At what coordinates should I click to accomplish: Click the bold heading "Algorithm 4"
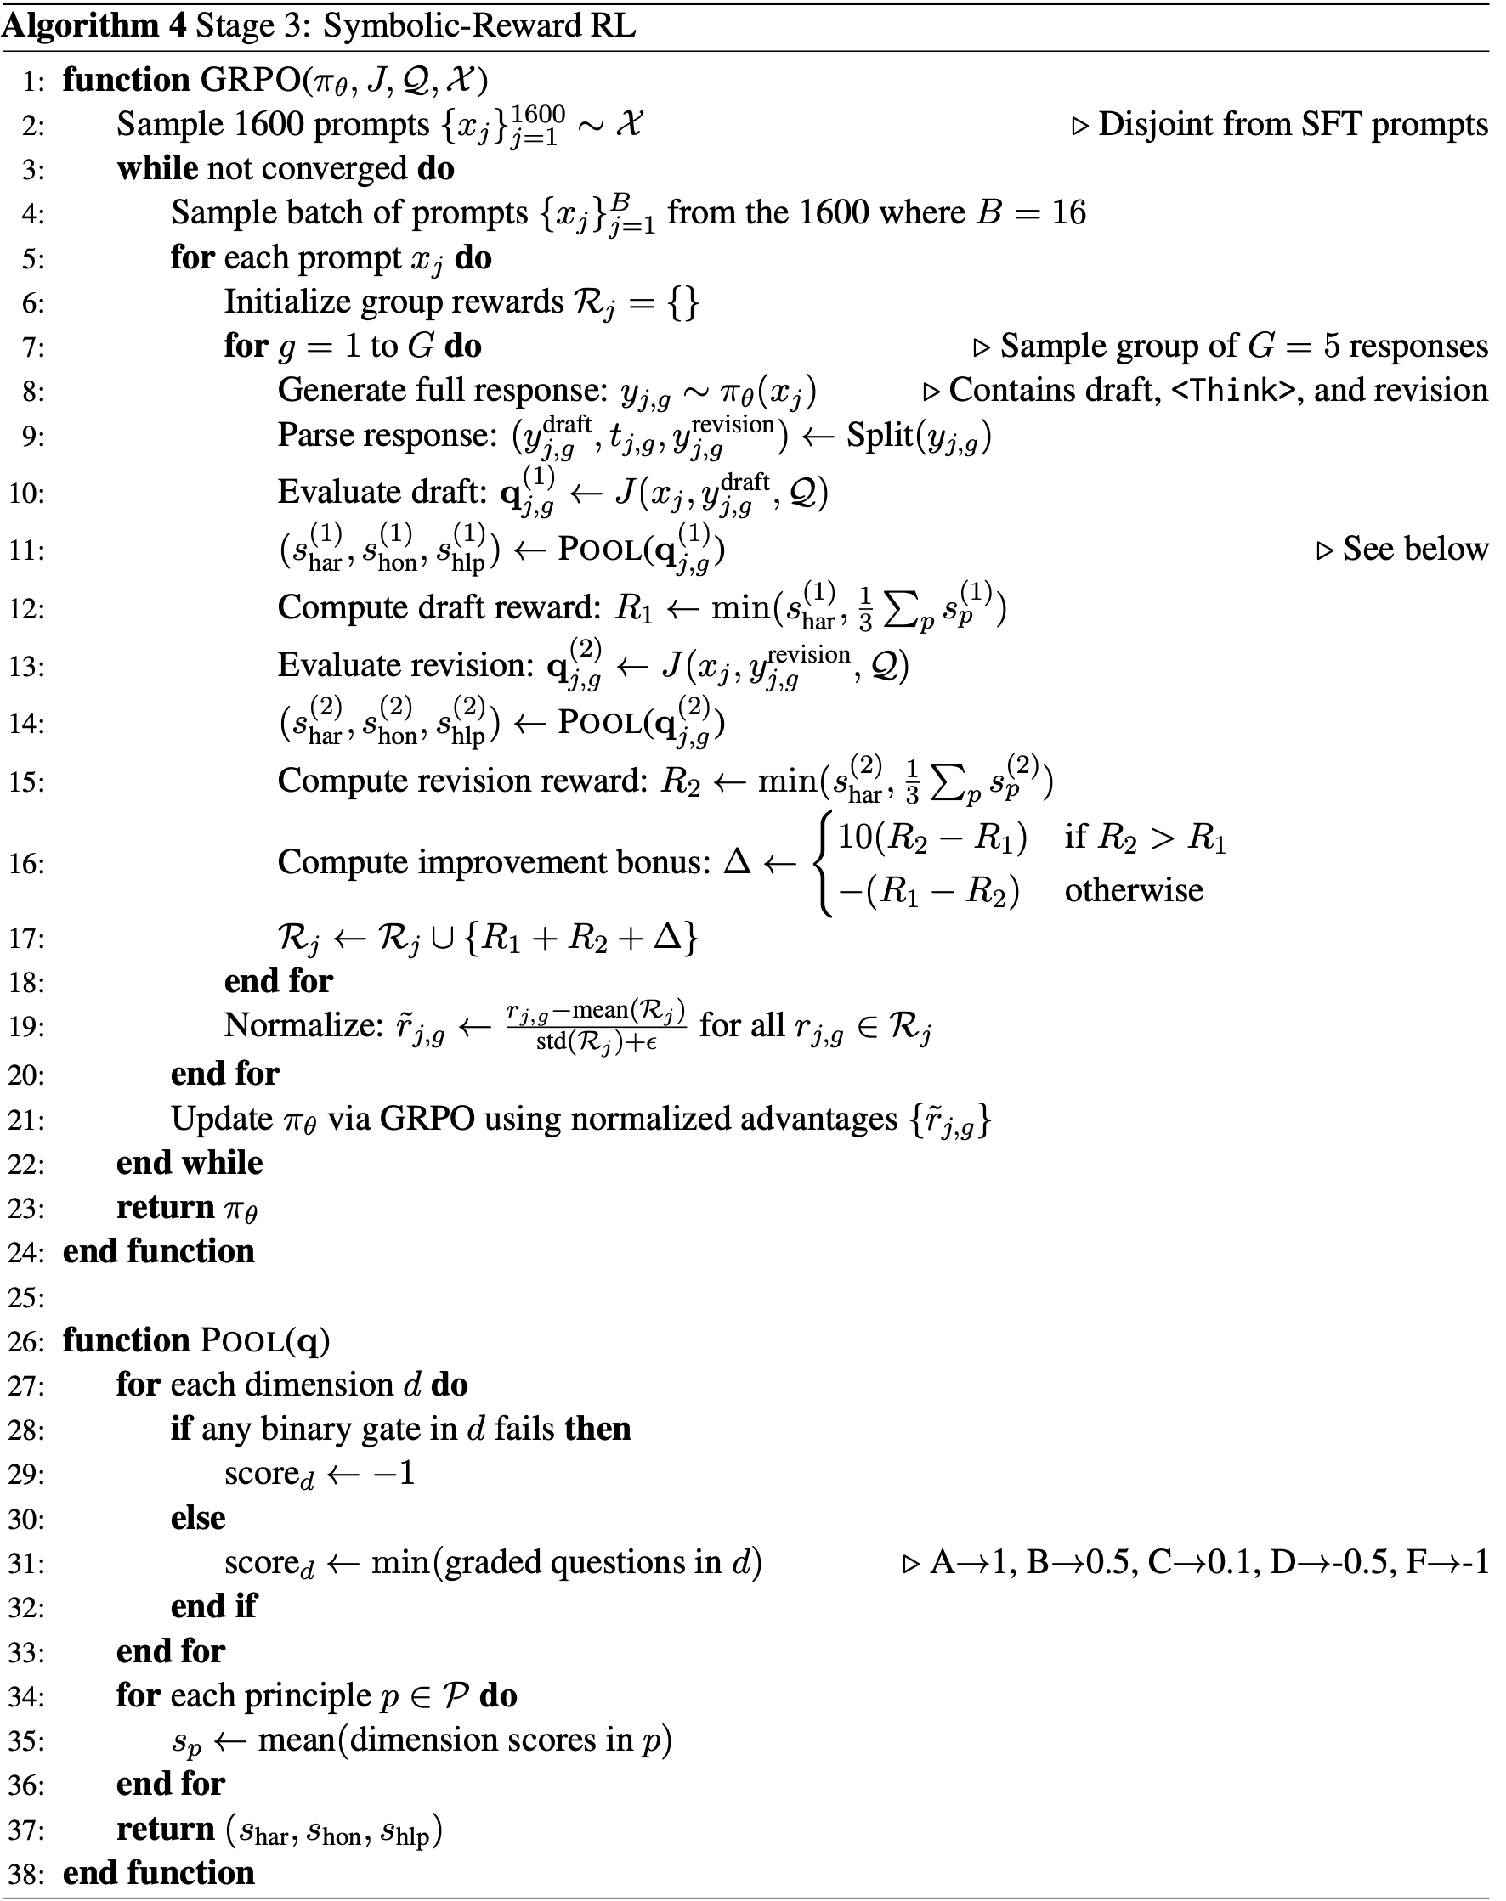click(94, 25)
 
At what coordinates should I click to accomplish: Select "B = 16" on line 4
click(1030, 212)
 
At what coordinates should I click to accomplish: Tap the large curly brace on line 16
click(824, 863)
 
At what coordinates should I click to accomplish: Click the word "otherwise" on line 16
click(1134, 890)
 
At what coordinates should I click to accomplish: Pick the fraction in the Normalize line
click(596, 1026)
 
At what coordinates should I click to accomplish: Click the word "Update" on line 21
click(222, 1119)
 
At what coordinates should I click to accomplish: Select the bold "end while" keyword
click(190, 1163)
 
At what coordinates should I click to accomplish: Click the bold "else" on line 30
click(197, 1518)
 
